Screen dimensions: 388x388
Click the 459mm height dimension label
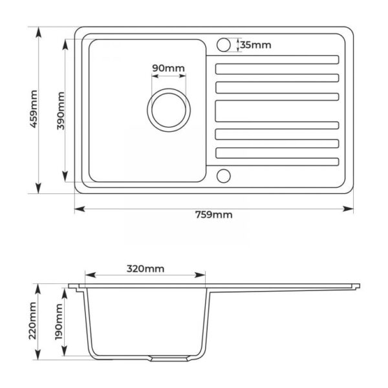pos(34,109)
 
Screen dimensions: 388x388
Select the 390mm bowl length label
pos(61,111)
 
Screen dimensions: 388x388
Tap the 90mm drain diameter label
pos(168,68)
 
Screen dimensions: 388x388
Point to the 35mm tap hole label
pos(255,45)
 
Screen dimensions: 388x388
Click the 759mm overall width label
pos(214,215)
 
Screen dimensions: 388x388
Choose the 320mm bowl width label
pos(145,268)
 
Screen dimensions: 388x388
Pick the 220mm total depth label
pos(33,321)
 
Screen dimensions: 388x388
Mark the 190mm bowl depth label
pos(59,322)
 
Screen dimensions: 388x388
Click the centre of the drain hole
pos(169,110)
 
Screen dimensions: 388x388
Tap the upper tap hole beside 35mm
pos(224,45)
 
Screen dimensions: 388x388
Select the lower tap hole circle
pos(224,176)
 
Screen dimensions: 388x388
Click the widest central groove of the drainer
pos(277,111)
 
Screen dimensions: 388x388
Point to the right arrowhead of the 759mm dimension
pos(348,209)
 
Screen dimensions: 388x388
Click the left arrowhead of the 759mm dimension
pos(80,209)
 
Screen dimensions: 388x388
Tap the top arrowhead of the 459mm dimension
pos(38,32)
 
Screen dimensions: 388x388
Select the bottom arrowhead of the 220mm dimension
pos(38,354)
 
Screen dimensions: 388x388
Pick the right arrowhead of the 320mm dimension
pos(200,275)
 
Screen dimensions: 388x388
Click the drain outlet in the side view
pos(169,358)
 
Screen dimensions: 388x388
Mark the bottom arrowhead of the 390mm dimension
pos(65,177)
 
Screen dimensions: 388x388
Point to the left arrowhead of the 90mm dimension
pos(155,76)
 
